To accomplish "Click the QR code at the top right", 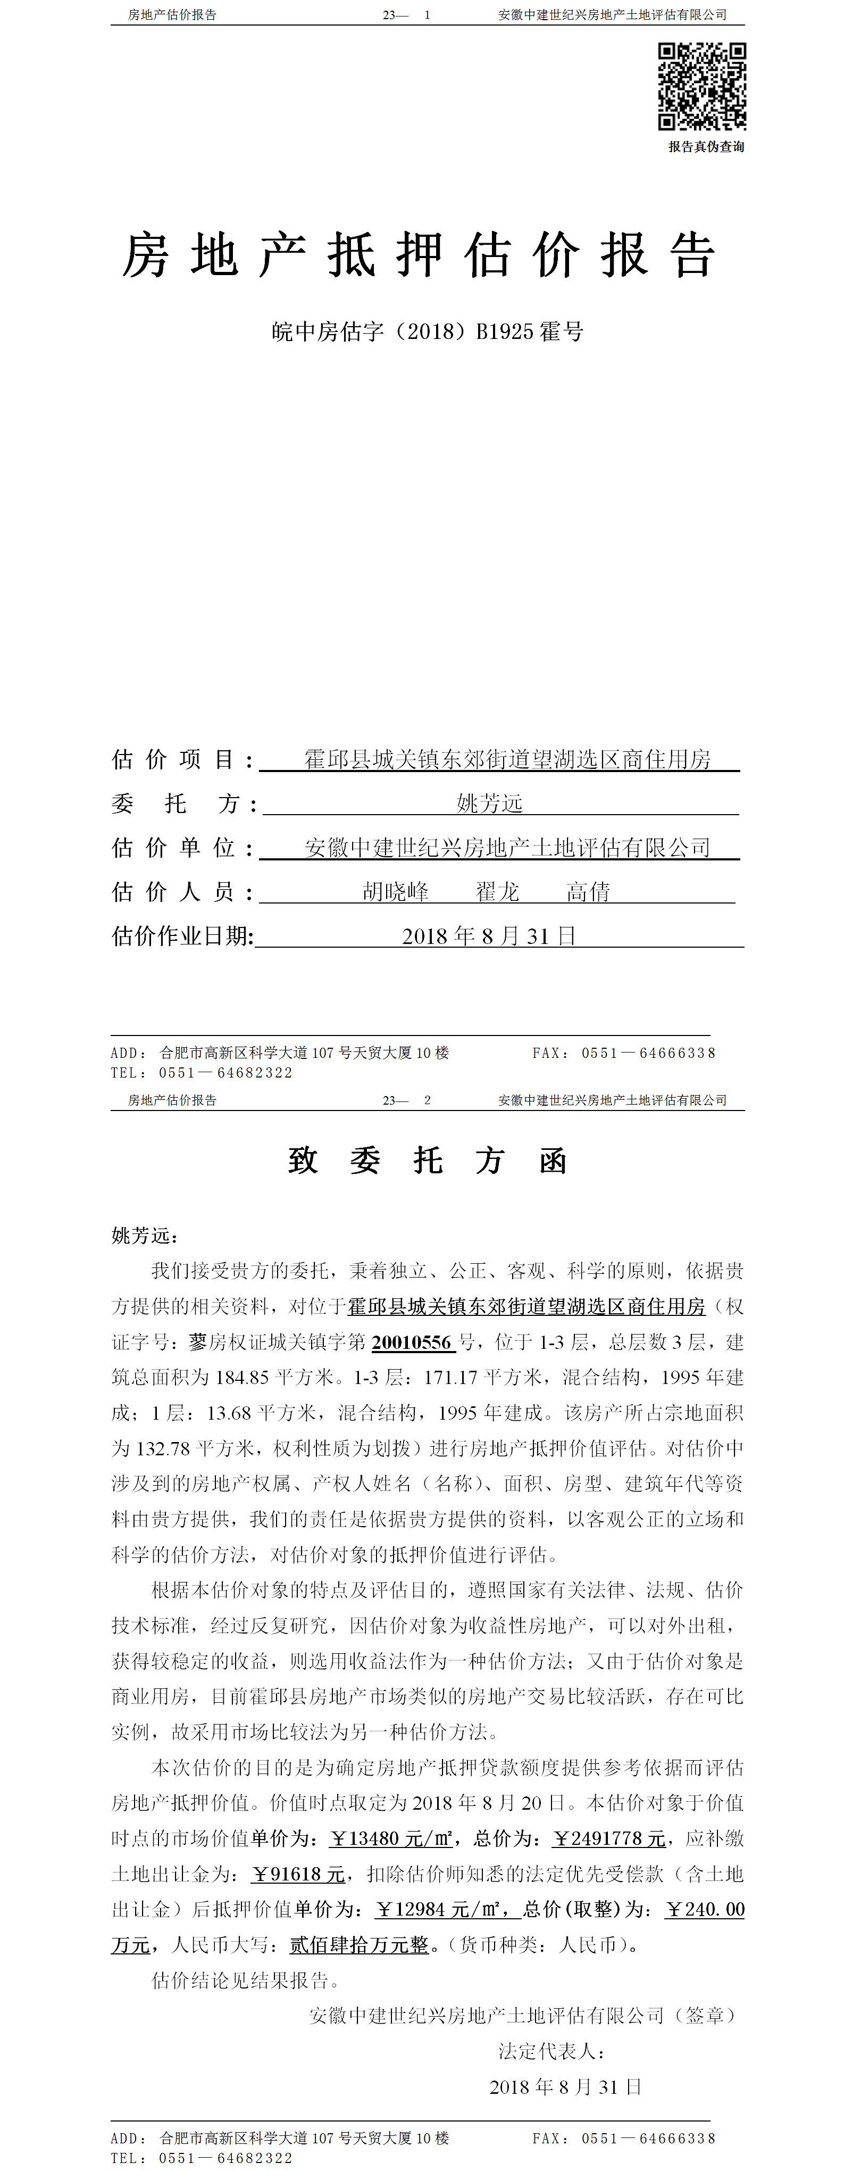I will pos(701,86).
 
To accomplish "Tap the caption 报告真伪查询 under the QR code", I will pos(706,147).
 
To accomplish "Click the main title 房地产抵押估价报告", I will pos(419,255).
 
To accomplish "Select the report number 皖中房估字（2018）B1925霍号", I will pos(427,331).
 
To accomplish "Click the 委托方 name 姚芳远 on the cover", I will pos(489,803).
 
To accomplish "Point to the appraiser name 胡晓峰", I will pos(395,892).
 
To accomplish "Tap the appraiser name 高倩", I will pos(587,892).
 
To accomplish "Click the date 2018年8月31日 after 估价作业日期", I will pos(489,937).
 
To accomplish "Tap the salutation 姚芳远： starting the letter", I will pos(145,1236).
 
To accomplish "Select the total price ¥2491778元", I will pos(608,1838).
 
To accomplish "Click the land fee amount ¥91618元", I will pos(298,1874).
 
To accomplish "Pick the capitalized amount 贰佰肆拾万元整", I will pos(360,1945).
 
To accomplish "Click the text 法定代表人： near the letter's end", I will pos(551,2051).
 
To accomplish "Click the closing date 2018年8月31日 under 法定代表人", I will pos(565,2087).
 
